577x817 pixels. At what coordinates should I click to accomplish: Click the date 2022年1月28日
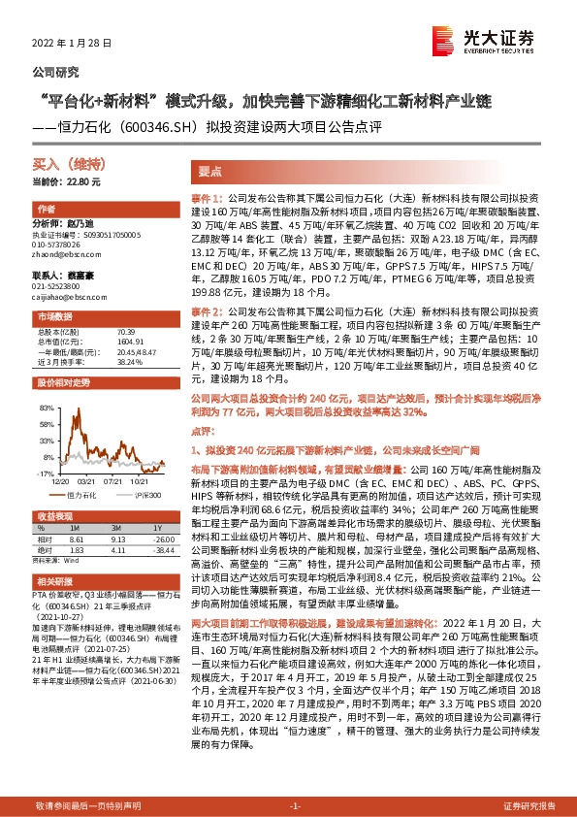click(73, 44)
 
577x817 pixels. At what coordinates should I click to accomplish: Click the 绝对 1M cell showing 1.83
click(78, 551)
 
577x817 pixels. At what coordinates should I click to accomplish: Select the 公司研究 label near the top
click(56, 72)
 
